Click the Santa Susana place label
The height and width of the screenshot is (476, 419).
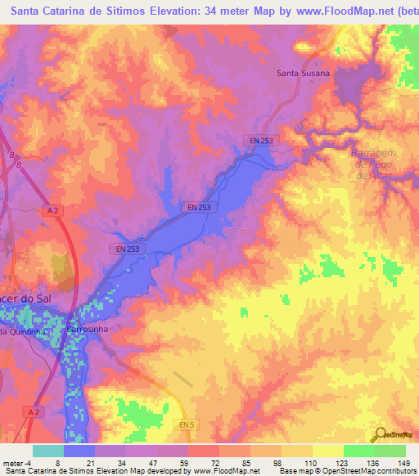[x=303, y=73]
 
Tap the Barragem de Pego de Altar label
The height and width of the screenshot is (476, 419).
[x=374, y=164]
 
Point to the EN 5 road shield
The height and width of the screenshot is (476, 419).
[x=187, y=424]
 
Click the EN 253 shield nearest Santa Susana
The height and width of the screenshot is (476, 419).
[x=261, y=141]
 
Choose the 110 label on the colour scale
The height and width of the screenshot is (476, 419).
[x=309, y=462]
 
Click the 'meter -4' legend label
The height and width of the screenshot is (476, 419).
[x=17, y=462]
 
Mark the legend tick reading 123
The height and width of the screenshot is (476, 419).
[x=341, y=462]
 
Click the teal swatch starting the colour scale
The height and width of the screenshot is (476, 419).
[x=48, y=451]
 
